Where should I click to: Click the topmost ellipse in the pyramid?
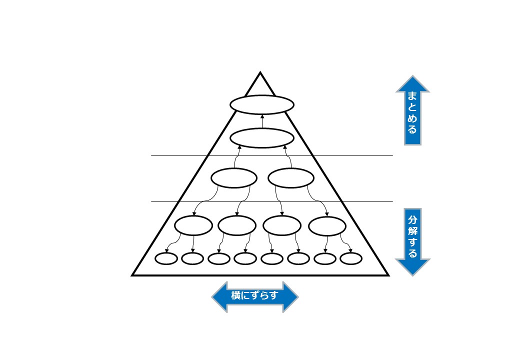pyautogui.click(x=261, y=104)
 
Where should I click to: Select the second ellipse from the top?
pyautogui.click(x=261, y=138)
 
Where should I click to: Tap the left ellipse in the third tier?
pyautogui.click(x=234, y=178)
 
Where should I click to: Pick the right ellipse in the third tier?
pyautogui.click(x=291, y=178)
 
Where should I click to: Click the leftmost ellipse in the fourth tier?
pyautogui.click(x=193, y=225)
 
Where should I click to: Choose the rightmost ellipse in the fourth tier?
pyautogui.click(x=327, y=225)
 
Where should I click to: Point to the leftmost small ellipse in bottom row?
pyautogui.click(x=166, y=258)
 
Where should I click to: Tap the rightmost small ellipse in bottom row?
pyautogui.click(x=351, y=258)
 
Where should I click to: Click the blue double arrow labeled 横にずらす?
pyautogui.click(x=255, y=296)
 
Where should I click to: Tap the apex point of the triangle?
pyautogui.click(x=260, y=73)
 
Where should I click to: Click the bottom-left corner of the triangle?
pyautogui.click(x=133, y=274)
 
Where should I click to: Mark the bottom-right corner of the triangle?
pyautogui.click(x=387, y=274)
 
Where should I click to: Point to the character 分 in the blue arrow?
pyautogui.click(x=412, y=220)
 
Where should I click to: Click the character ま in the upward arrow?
pyautogui.click(x=412, y=95)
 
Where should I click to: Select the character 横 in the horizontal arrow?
pyautogui.click(x=236, y=296)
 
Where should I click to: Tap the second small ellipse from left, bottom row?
pyautogui.click(x=192, y=258)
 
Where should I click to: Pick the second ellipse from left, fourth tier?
pyautogui.click(x=237, y=225)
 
